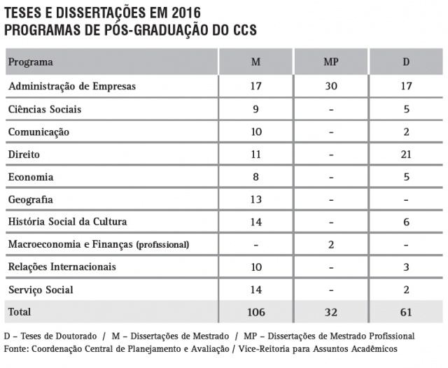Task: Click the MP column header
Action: pos(331,62)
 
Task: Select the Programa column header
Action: pos(30,62)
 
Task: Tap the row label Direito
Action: pos(24,155)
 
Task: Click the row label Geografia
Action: pos(31,199)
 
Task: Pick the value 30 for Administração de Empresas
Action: pos(331,87)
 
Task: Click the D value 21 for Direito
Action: pos(406,155)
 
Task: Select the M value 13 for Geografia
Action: pos(256,199)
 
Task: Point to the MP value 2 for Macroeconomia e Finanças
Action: pos(331,244)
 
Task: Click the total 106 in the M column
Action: pos(256,311)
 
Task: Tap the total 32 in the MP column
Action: pos(331,311)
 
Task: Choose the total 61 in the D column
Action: pos(406,311)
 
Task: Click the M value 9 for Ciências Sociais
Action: pos(256,110)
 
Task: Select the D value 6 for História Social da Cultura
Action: pos(406,222)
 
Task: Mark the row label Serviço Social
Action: pos(41,290)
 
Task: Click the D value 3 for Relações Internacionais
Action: pos(406,267)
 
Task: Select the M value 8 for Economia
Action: pos(256,177)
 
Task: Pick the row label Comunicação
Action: pos(38,132)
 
